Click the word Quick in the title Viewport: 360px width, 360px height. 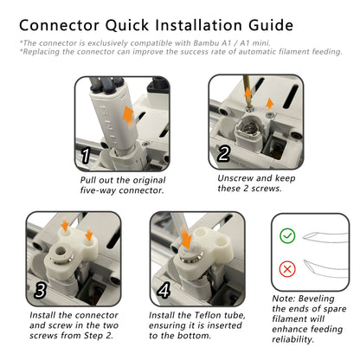point(127,25)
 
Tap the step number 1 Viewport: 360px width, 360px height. point(86,156)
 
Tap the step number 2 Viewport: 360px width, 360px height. point(224,153)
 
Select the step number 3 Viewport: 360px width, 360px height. point(40,290)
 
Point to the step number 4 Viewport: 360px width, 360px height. point(164,290)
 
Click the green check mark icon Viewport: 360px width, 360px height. point(287,235)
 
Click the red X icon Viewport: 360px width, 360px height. point(287,269)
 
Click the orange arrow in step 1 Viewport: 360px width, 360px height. point(128,116)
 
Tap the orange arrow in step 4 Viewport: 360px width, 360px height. point(185,237)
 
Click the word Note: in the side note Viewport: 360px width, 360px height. point(284,299)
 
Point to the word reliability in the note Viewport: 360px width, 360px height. point(292,339)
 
